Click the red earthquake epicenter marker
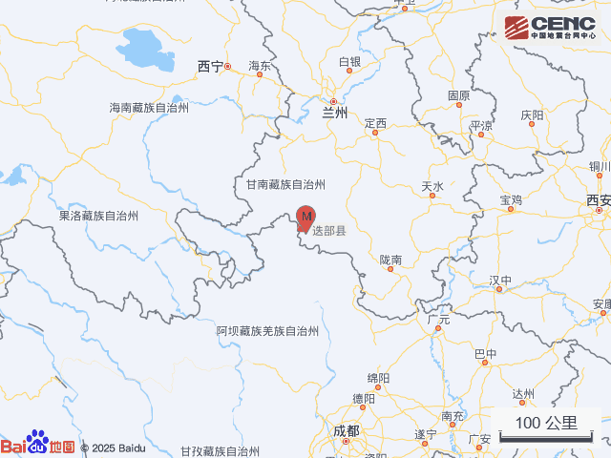(x=305, y=219)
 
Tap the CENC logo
(x=549, y=27)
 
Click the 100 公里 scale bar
(x=547, y=427)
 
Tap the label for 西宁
(x=210, y=66)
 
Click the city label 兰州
(x=334, y=112)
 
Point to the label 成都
(x=347, y=430)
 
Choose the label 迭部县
(x=329, y=231)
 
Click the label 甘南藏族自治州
(x=286, y=184)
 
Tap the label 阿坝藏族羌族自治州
(x=267, y=330)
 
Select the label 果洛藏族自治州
(x=99, y=216)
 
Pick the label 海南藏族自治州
(x=149, y=108)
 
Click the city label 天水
(x=432, y=186)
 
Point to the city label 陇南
(x=390, y=259)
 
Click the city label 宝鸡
(x=511, y=199)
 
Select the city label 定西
(x=375, y=124)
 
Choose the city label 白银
(x=350, y=62)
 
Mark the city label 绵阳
(x=378, y=378)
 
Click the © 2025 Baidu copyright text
(x=113, y=448)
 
